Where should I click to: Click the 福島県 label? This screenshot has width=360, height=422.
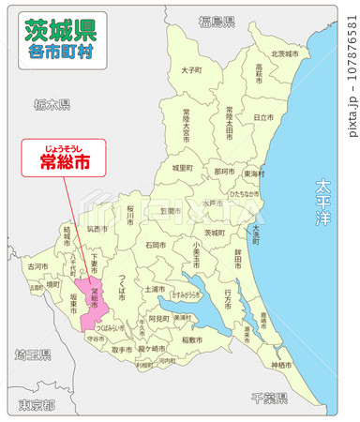pos(217,20)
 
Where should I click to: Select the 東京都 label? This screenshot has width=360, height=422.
pos(36,405)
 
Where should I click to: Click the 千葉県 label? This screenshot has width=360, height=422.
pos(269,398)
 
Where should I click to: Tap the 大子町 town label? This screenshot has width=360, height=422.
pos(191,69)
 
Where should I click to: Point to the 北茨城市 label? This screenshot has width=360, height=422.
pos(284,53)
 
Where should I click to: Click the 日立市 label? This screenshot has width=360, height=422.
pos(263,117)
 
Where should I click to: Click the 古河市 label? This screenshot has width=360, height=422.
pos(37,266)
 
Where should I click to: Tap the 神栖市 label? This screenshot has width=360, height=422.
pos(280,364)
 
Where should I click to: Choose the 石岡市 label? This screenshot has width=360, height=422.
pos(156,246)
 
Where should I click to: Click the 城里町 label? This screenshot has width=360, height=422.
pos(182,167)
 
